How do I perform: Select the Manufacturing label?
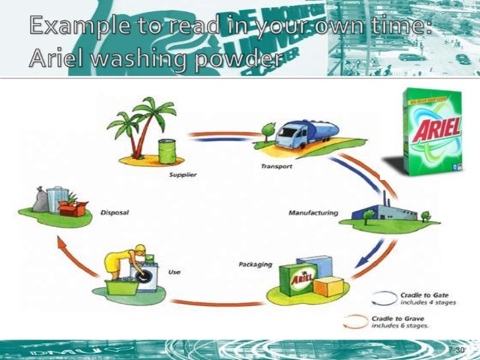314,213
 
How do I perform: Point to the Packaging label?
255,265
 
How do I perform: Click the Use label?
175,272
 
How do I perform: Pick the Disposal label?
114,213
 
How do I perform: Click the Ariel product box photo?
432,129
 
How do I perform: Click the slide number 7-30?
456,349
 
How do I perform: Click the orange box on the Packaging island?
327,285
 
